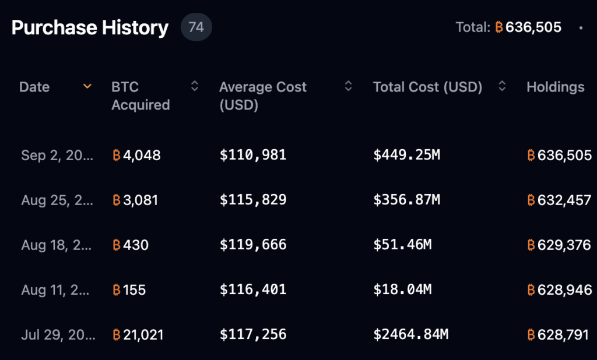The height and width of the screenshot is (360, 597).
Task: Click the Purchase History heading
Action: coord(90,27)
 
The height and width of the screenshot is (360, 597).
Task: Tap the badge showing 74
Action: coord(196,27)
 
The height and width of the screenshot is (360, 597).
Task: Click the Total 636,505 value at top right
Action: coord(528,27)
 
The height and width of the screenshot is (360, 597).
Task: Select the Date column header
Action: coord(34,87)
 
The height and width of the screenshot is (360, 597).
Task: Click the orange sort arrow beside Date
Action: coord(87,87)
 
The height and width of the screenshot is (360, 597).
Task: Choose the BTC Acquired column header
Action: coord(141,96)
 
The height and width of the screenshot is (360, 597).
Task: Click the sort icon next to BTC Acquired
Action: coord(195,87)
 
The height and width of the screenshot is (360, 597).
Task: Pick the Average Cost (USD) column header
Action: coord(262,96)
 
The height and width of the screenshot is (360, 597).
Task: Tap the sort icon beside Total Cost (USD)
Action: coord(502,87)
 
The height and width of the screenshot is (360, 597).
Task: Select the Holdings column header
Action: coord(555,87)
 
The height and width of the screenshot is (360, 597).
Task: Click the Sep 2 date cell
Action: coord(57,156)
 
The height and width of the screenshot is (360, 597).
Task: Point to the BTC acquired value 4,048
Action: coord(136,156)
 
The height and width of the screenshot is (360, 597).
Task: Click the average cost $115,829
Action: coord(253,200)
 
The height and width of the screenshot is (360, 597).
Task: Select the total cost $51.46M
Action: coord(402,245)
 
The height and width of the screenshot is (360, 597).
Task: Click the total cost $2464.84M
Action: coord(410,334)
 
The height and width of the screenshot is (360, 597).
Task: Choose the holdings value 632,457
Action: coord(559,200)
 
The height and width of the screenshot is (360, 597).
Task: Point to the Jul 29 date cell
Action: coord(57,334)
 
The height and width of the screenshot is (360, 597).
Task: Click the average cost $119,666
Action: coord(253,245)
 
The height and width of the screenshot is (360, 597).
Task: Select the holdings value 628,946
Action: coord(559,290)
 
